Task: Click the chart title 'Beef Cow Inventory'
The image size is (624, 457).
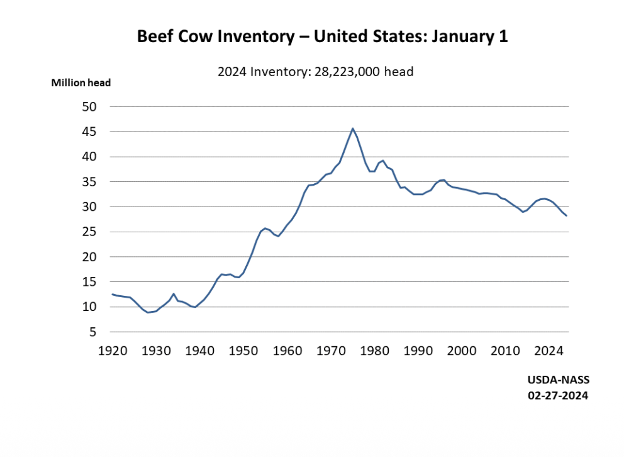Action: (322, 37)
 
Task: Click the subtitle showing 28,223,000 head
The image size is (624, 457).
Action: (315, 72)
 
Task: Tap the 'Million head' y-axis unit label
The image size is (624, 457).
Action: (81, 83)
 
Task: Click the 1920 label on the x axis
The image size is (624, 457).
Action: (113, 349)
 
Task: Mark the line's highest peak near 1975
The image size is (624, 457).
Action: (352, 128)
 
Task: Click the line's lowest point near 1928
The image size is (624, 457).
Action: (148, 312)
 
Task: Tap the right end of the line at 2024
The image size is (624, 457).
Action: (566, 216)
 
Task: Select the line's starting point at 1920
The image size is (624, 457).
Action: (113, 294)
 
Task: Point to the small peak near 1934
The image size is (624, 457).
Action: (174, 294)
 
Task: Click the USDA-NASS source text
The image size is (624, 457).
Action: (555, 381)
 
